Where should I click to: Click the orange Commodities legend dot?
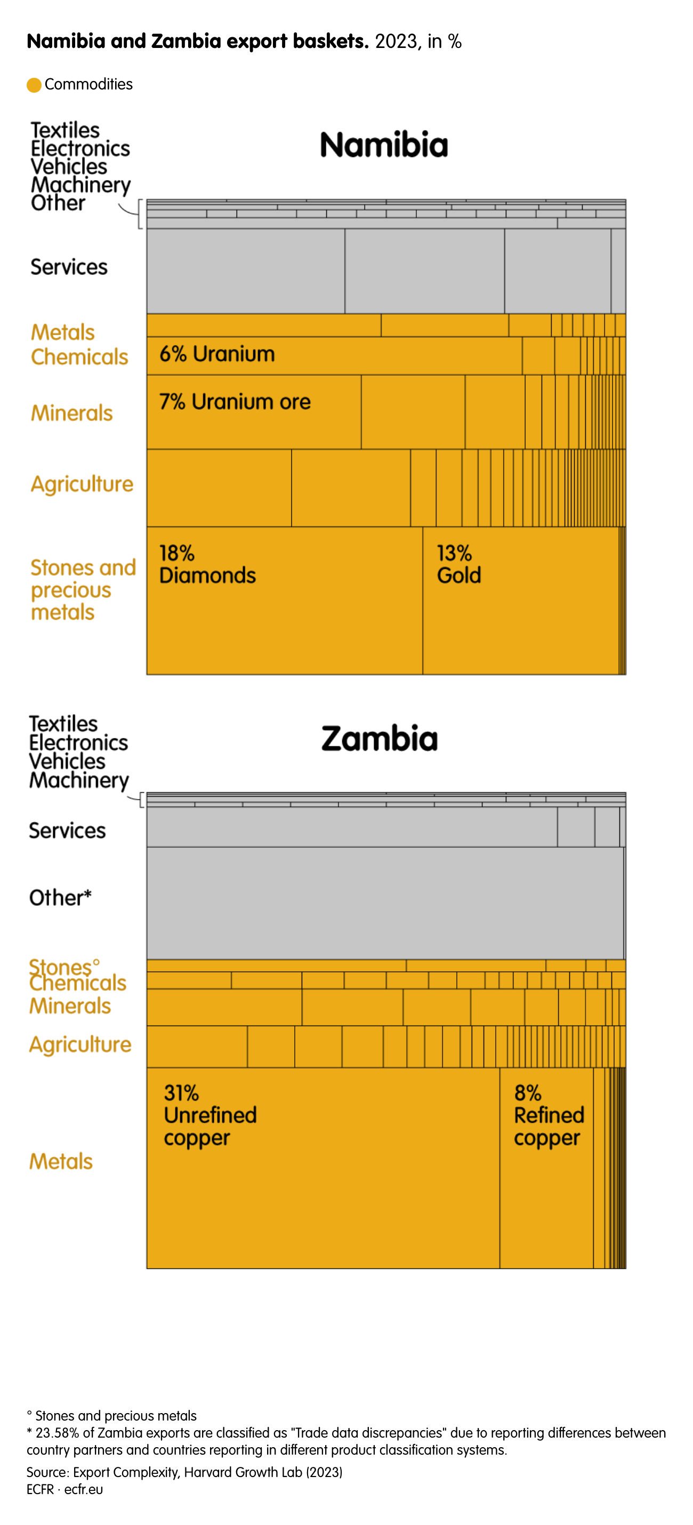pyautogui.click(x=34, y=85)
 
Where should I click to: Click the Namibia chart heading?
pyautogui.click(x=384, y=145)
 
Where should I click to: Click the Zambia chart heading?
pyautogui.click(x=379, y=739)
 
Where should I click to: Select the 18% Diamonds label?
pyautogui.click(x=207, y=564)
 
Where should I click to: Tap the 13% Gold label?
pyautogui.click(x=458, y=564)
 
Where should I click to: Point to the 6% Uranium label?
pyautogui.click(x=217, y=354)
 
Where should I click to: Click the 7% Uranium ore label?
pyautogui.click(x=235, y=402)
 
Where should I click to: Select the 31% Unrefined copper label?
pyautogui.click(x=209, y=1115)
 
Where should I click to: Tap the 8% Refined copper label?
pyautogui.click(x=549, y=1115)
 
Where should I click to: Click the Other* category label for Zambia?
pyautogui.click(x=60, y=898)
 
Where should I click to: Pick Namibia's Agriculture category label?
pyautogui.click(x=82, y=484)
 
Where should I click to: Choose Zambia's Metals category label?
pyautogui.click(x=61, y=1162)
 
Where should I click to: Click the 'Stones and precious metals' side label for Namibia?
pyautogui.click(x=83, y=590)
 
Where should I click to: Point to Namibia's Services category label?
pyautogui.click(x=69, y=267)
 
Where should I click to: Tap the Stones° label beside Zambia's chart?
pyautogui.click(x=64, y=966)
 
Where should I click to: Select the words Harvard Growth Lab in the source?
pyautogui.click(x=243, y=1472)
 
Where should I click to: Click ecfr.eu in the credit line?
pyautogui.click(x=84, y=1489)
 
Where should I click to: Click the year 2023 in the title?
pyautogui.click(x=396, y=42)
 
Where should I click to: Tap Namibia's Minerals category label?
pyautogui.click(x=71, y=413)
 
